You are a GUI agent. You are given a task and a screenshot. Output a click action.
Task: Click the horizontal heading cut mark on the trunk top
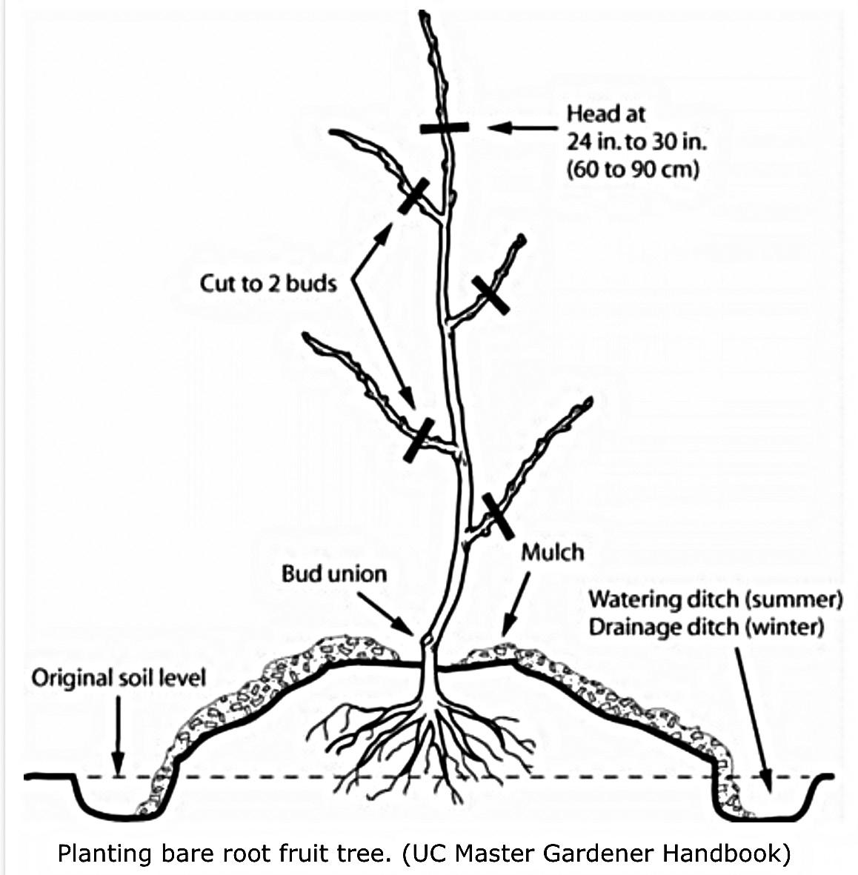pos(444,127)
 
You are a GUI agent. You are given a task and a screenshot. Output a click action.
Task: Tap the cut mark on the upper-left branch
pos(413,196)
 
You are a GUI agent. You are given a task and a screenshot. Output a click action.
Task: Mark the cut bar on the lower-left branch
pos(419,439)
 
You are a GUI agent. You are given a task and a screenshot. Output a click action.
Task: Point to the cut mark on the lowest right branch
pos(497,515)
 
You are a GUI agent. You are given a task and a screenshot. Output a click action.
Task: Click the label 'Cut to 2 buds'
pos(268,283)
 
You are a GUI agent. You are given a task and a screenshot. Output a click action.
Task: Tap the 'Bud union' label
pos(333,573)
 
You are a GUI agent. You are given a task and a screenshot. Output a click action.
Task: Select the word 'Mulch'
pos(552,552)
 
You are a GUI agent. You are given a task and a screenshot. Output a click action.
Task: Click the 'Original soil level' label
pos(119,678)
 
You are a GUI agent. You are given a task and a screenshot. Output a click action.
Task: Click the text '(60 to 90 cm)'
pos(633,170)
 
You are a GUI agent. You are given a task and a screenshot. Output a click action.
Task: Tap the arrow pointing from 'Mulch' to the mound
pos(517,603)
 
